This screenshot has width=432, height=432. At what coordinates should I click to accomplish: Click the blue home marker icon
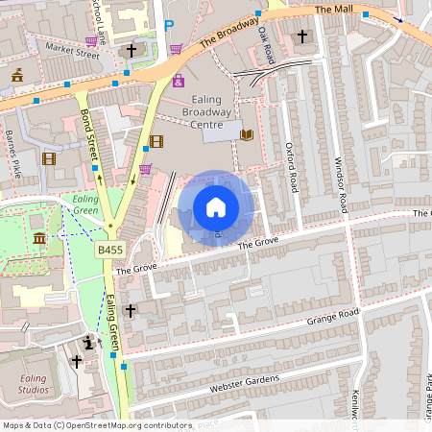coord(216,207)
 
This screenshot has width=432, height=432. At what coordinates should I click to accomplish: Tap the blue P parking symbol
coord(169,26)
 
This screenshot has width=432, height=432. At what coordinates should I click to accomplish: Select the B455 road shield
coord(109,250)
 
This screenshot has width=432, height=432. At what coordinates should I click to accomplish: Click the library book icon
coord(247,135)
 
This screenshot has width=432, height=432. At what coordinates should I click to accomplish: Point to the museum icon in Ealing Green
coord(38,238)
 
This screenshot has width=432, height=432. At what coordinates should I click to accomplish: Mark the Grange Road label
coord(331,317)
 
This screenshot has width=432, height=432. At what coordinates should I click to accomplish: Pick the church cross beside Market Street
coord(131,50)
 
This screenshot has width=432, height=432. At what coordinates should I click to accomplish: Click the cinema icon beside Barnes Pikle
coord(49,158)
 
